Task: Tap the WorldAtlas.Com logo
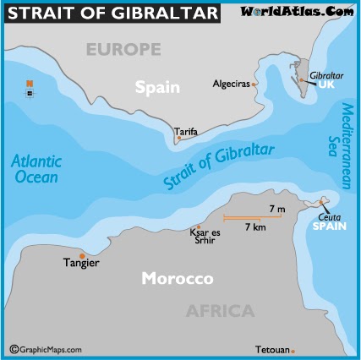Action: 298,11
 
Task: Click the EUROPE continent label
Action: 123,50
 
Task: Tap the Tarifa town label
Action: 186,132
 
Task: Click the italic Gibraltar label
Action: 326,76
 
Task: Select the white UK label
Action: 326,87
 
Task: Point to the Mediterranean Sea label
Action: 336,136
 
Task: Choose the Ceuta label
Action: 329,217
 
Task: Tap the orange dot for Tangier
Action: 82,255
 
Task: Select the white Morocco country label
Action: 177,278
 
